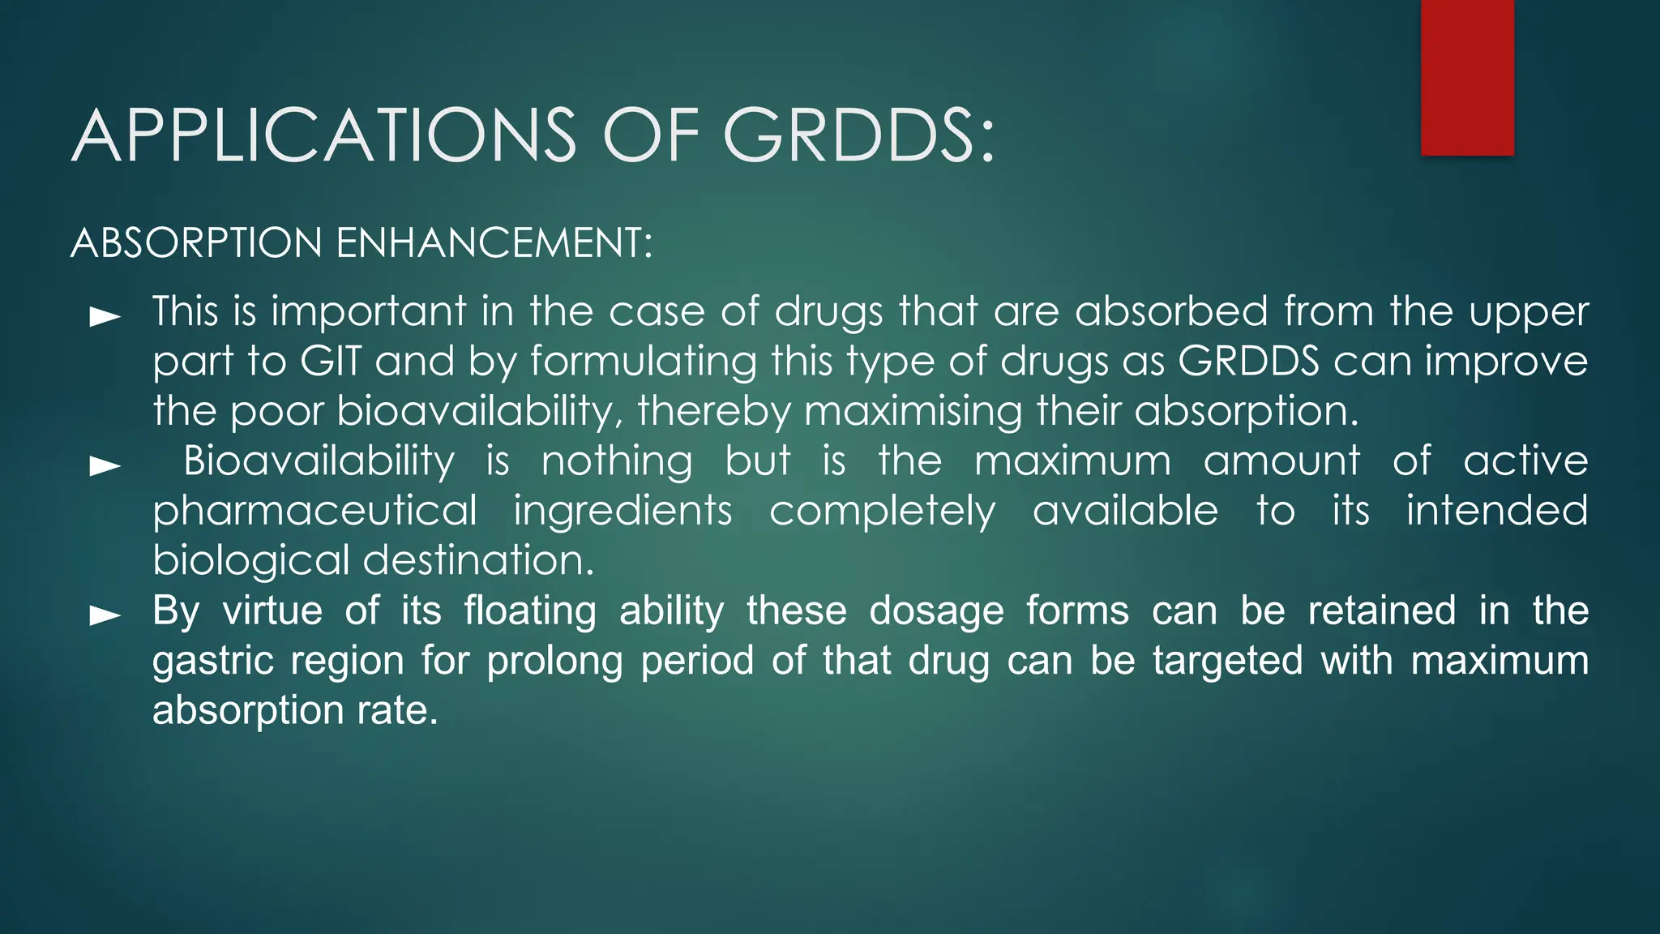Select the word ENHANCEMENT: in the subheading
click(494, 243)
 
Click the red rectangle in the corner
click(1467, 77)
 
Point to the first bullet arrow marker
click(105, 316)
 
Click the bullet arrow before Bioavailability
click(105, 465)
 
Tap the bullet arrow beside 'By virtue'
click(105, 615)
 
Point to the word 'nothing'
click(617, 462)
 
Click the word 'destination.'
click(478, 561)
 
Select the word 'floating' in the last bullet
click(530, 611)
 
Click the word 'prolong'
click(554, 662)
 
